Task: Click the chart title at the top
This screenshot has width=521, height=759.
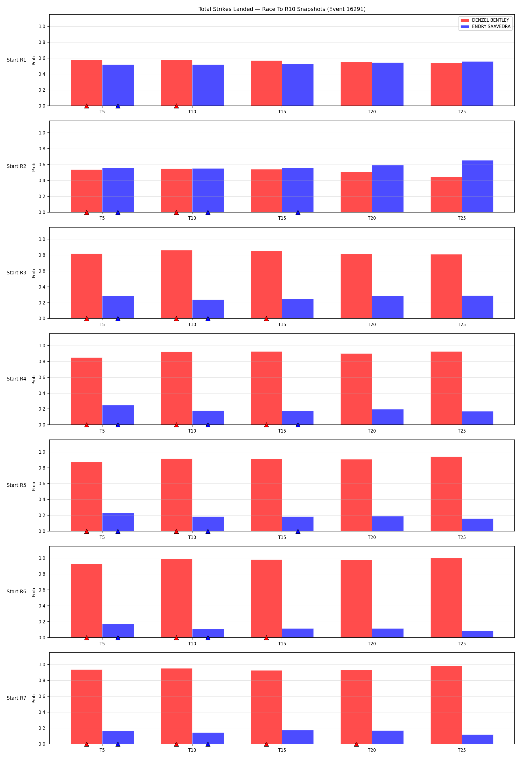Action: coord(282,9)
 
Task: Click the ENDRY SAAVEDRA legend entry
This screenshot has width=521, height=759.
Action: coord(486,26)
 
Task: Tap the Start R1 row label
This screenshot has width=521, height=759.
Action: coord(16,60)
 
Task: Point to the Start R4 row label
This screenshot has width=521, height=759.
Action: coord(16,379)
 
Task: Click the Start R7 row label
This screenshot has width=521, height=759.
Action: coord(16,698)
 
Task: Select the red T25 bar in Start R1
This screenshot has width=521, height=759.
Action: coord(446,85)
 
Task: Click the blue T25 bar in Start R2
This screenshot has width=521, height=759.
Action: coord(478,186)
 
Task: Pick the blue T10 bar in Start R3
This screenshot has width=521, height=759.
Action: coord(208,309)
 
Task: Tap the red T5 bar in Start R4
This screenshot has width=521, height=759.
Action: coord(87,391)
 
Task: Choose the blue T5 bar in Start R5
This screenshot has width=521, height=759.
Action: coord(118,522)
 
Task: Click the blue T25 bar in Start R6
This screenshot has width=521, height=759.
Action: coord(478,634)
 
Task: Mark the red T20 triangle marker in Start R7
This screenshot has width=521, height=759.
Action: coord(356,744)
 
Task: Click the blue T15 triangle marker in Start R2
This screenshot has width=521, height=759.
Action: coord(298,213)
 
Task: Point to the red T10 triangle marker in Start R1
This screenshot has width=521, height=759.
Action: coord(177,106)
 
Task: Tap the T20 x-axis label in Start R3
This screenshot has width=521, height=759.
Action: coord(372,325)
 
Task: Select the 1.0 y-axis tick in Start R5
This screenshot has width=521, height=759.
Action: coord(42,452)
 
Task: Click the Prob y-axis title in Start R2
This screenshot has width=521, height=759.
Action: coord(34,167)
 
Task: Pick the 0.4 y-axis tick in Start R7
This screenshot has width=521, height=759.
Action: coord(42,712)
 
